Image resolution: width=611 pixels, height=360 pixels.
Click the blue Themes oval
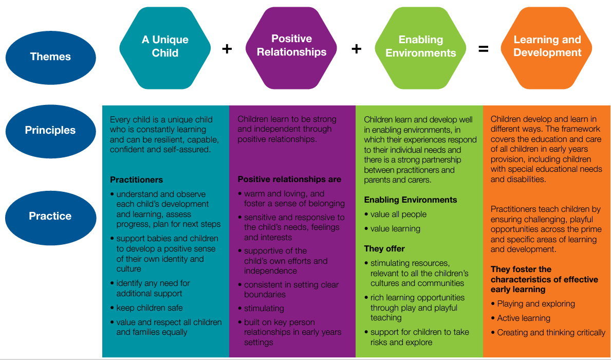(x=50, y=57)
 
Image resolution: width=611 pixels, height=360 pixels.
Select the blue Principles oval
(x=50, y=130)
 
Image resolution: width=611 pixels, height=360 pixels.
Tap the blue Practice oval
(x=50, y=216)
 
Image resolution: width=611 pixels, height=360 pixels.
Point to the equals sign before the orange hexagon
(x=483, y=49)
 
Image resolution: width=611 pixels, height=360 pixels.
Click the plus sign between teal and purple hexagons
(x=227, y=49)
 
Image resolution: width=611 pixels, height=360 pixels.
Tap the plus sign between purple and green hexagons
(x=356, y=49)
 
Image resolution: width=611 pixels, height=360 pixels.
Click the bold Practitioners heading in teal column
(x=136, y=180)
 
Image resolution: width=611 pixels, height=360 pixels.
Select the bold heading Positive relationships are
(x=289, y=179)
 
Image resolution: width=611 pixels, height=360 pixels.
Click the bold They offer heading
(x=384, y=248)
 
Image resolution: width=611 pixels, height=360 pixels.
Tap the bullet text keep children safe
(x=149, y=308)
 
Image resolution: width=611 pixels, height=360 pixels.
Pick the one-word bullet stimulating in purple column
(x=264, y=309)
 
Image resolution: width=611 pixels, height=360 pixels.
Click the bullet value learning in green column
(x=395, y=229)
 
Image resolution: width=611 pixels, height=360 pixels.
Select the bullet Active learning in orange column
(x=524, y=318)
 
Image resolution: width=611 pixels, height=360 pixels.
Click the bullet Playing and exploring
(x=536, y=304)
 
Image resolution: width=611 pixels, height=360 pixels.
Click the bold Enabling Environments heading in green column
(x=411, y=200)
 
